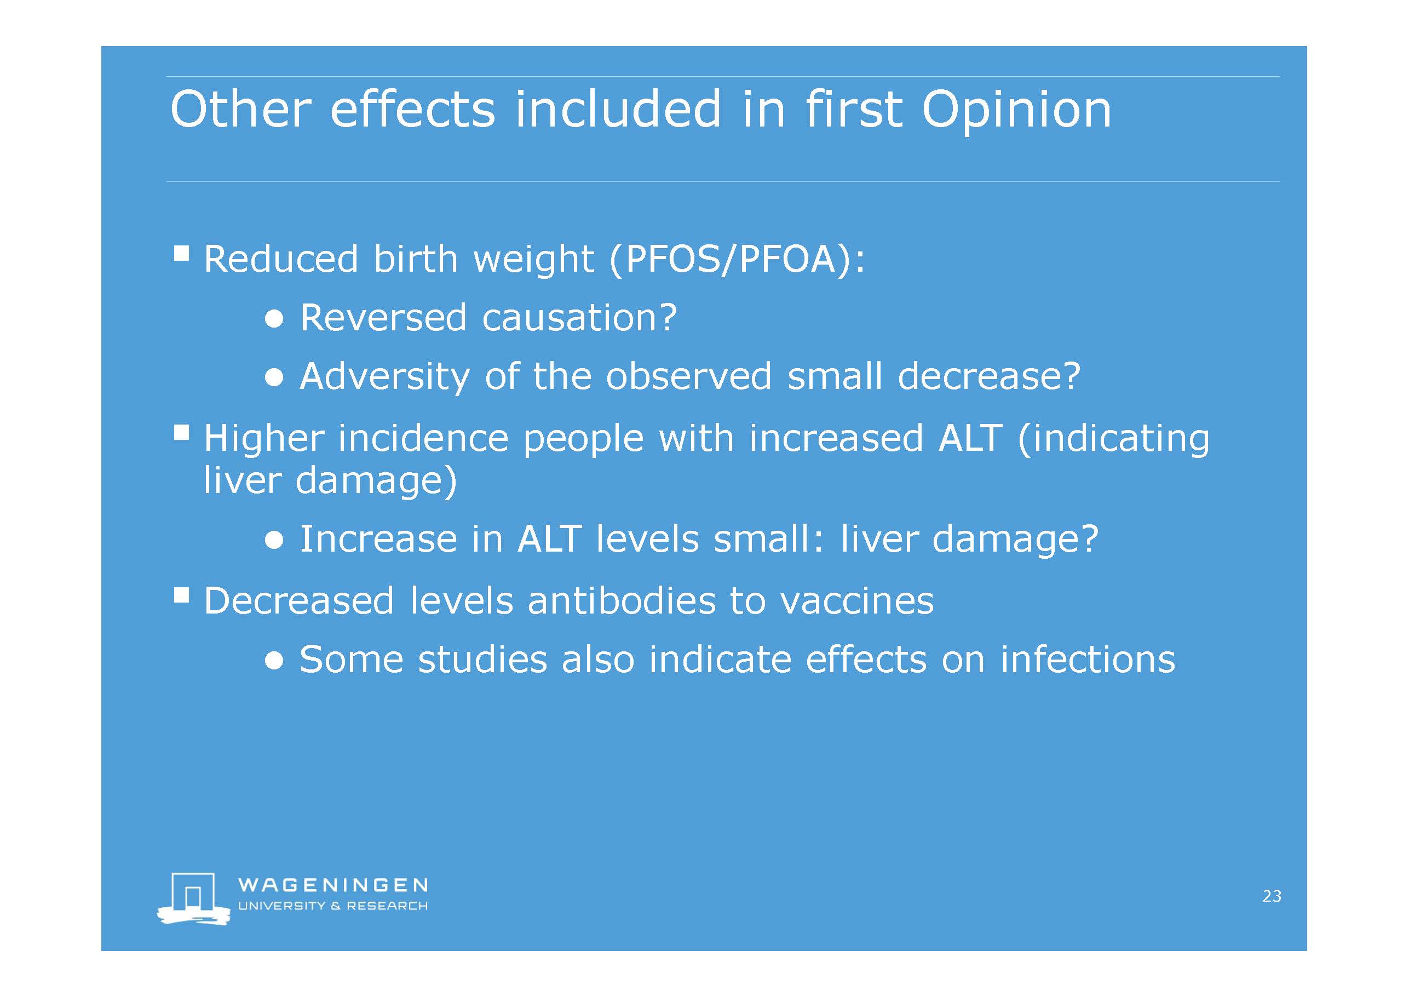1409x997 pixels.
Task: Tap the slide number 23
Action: [x=1272, y=896]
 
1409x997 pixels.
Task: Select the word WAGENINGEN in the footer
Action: [x=333, y=885]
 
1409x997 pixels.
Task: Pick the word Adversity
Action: [x=384, y=376]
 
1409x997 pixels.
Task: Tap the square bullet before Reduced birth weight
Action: [x=181, y=253]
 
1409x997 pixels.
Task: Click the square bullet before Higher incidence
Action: [x=181, y=433]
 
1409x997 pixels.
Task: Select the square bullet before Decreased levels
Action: [x=181, y=595]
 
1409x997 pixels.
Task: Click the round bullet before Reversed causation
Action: [x=274, y=319]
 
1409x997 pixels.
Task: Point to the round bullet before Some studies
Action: [x=274, y=661]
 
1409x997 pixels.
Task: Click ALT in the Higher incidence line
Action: [x=970, y=438]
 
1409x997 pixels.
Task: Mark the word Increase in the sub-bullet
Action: [x=378, y=539]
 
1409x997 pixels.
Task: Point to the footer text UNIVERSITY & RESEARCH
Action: [x=332, y=906]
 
